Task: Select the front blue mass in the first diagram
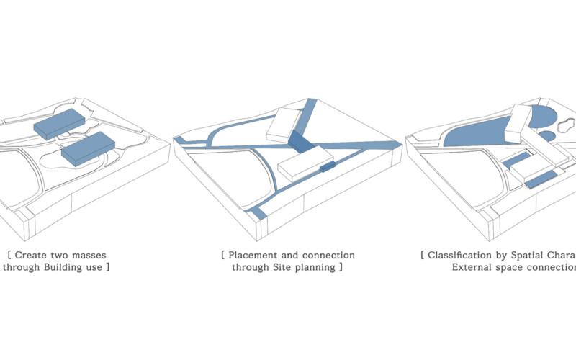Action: point(88,148)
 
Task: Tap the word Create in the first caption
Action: point(32,255)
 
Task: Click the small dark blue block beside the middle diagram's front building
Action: point(328,167)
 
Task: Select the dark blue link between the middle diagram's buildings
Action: point(302,141)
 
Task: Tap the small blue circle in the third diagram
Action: point(547,135)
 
